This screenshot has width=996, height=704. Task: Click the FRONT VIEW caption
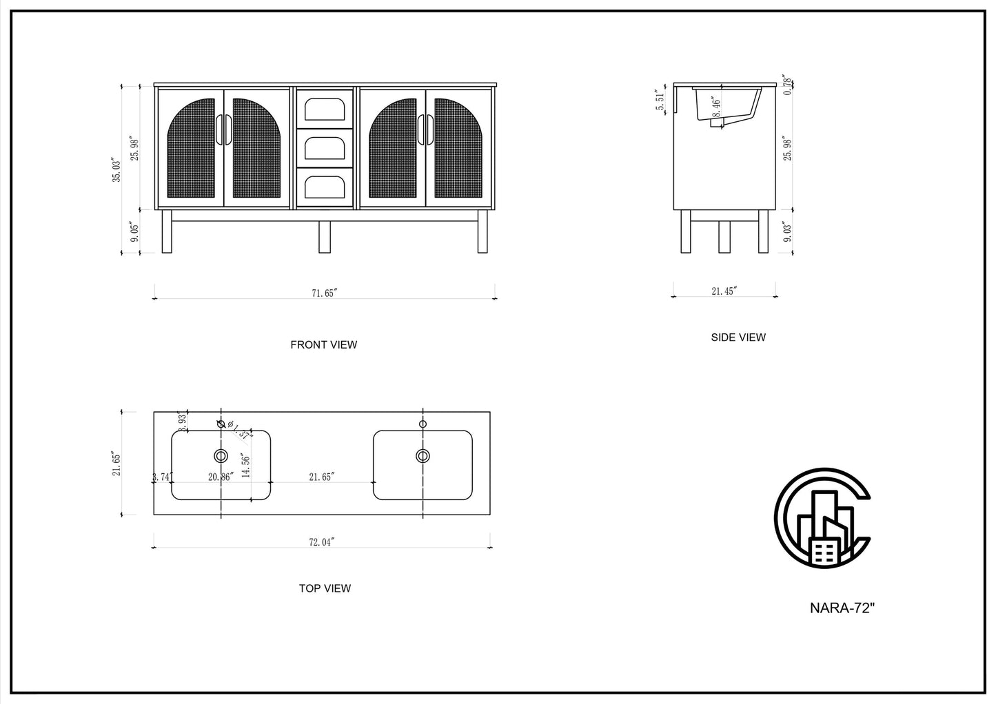(x=323, y=344)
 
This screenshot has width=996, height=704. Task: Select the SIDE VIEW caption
(x=738, y=338)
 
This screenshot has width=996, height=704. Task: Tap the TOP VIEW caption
(x=325, y=588)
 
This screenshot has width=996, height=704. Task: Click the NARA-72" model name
(x=842, y=608)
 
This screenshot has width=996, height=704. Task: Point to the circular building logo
(x=822, y=518)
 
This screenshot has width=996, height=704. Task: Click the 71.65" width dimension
(x=323, y=293)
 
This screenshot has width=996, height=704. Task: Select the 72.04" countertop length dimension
(x=321, y=542)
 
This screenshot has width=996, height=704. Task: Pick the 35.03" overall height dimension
(x=117, y=169)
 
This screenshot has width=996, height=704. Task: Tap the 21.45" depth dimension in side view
(x=724, y=291)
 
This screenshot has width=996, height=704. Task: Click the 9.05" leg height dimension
(x=134, y=232)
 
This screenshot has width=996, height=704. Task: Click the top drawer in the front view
(x=325, y=109)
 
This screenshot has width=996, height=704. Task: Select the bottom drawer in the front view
(x=325, y=187)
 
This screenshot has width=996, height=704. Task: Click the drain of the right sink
(x=423, y=455)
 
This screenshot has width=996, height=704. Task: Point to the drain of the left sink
(x=221, y=455)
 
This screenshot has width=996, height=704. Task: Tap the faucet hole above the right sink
(x=423, y=424)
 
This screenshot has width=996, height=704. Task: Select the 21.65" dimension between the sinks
(x=322, y=477)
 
